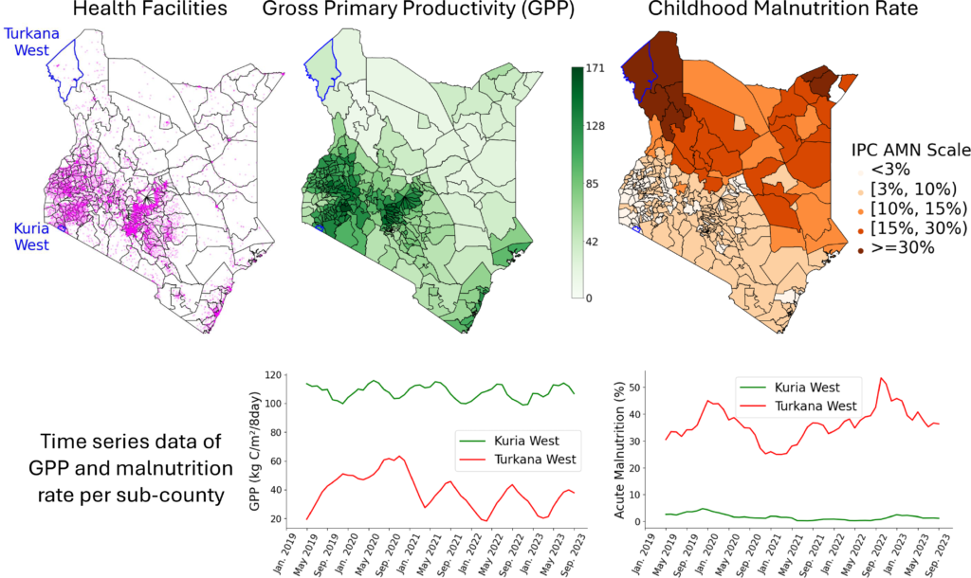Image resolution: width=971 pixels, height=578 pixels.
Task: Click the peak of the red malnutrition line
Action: point(882,379)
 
